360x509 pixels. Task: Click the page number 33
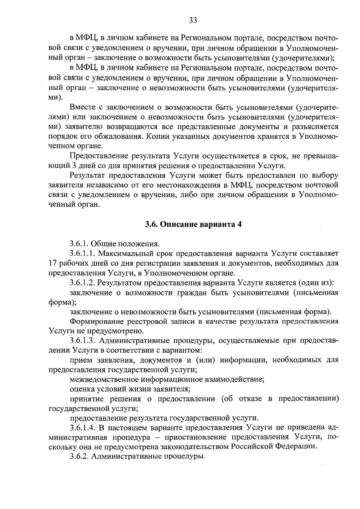point(193,20)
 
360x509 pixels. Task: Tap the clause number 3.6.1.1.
point(82,253)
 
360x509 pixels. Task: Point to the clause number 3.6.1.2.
point(82,283)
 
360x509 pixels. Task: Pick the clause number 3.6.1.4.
point(82,427)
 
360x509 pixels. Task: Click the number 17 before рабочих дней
point(52,263)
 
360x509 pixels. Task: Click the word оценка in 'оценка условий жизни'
point(80,389)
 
